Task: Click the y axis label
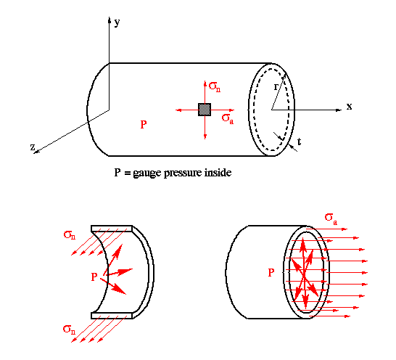117,22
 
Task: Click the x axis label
349,107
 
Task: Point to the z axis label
33,147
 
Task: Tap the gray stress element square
205,110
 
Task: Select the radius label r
276,87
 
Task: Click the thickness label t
300,142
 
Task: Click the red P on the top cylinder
144,124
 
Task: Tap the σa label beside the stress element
228,119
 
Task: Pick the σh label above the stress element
215,86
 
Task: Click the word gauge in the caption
147,173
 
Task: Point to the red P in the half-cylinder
94,277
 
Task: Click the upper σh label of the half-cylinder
70,235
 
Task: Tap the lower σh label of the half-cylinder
69,330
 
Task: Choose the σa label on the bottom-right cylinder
331,219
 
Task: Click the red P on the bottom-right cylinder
271,272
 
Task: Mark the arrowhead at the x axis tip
339,110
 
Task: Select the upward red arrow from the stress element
205,92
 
